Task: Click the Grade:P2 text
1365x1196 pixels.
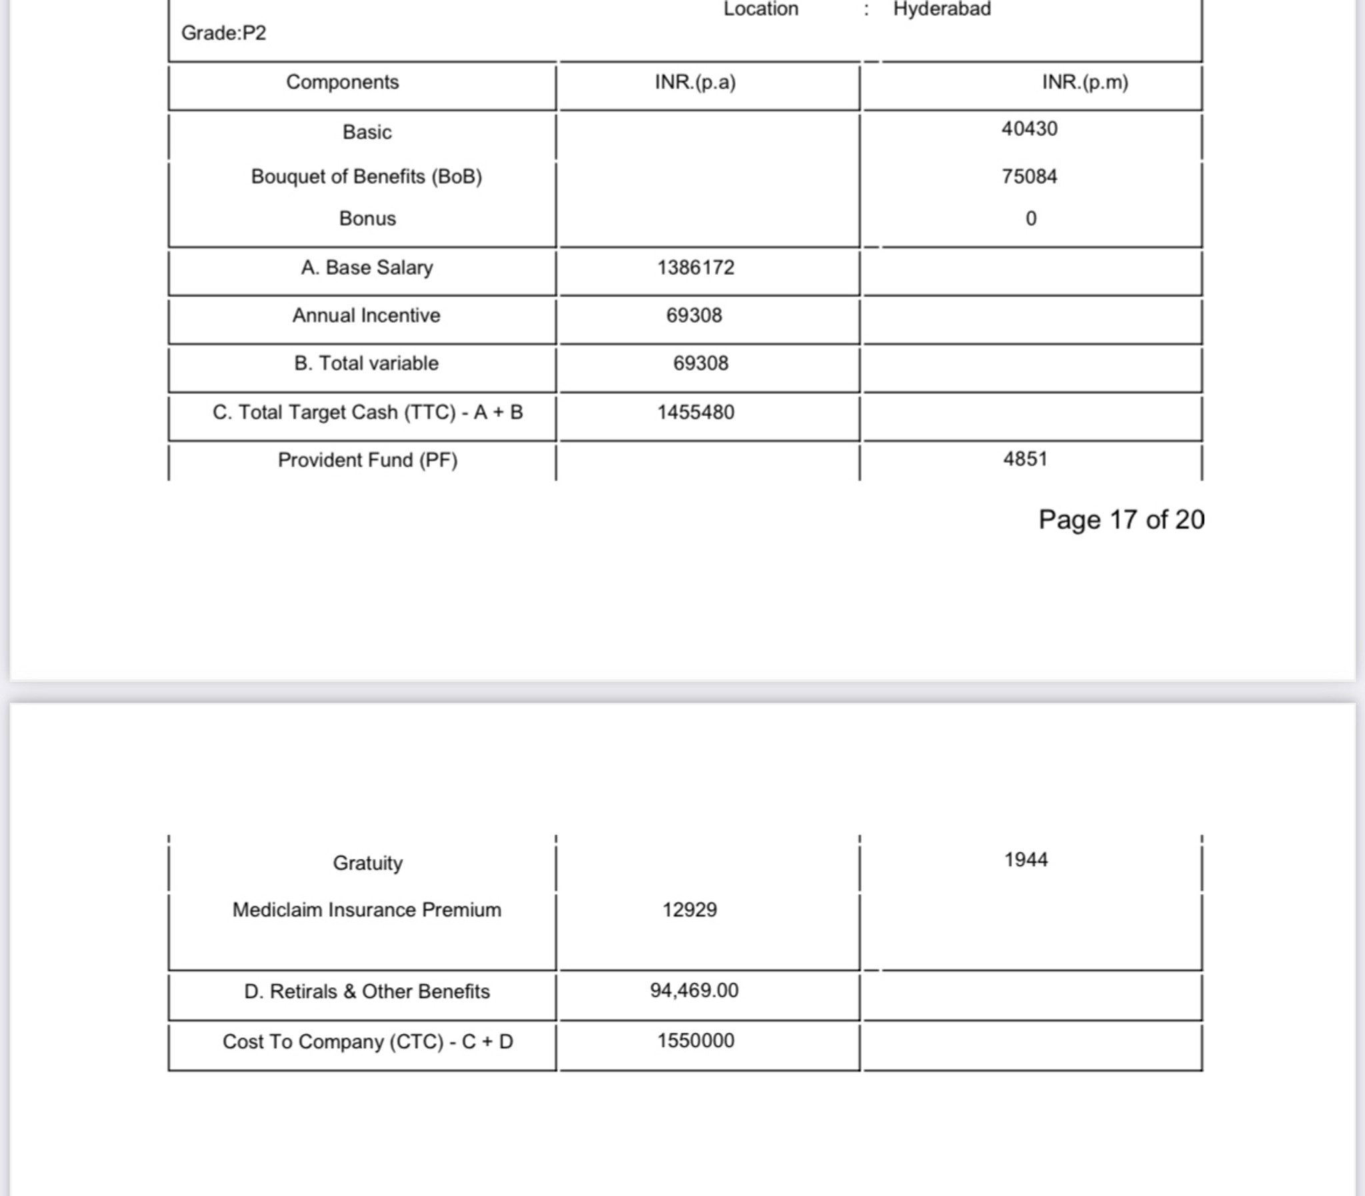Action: click(x=223, y=33)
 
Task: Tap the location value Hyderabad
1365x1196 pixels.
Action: click(x=941, y=9)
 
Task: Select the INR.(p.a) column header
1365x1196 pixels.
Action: click(x=695, y=82)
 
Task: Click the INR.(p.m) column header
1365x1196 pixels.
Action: click(x=1085, y=82)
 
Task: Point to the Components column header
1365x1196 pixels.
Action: click(x=343, y=82)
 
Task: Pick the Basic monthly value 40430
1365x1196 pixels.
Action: click(x=1029, y=128)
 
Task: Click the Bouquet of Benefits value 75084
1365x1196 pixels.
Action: click(x=1029, y=176)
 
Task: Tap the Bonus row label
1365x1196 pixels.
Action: click(x=367, y=218)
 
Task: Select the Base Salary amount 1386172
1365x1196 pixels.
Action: click(x=695, y=267)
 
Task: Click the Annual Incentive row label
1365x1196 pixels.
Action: click(x=367, y=315)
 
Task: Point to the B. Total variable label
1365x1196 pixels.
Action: click(x=367, y=363)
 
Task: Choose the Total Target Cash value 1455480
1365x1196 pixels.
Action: click(x=695, y=412)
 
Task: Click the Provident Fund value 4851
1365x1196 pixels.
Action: click(x=1025, y=459)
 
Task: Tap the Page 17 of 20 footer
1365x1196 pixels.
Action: click(x=1121, y=519)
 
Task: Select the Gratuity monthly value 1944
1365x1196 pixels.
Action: click(x=1026, y=859)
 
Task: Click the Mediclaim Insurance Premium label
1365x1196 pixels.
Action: click(x=367, y=910)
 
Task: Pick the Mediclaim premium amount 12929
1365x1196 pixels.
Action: click(x=689, y=910)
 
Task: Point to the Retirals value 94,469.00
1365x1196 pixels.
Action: click(x=694, y=990)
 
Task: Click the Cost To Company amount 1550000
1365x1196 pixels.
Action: click(x=695, y=1040)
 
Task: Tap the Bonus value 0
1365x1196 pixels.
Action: click(x=1030, y=218)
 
